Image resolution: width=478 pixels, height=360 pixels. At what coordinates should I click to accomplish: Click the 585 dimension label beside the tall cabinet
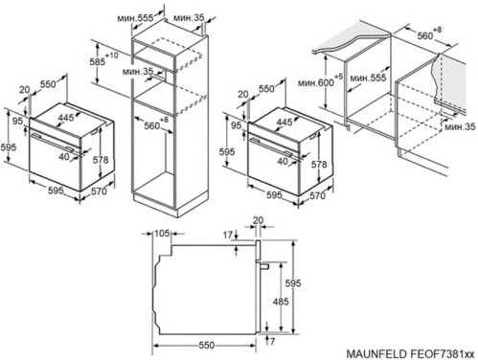98,61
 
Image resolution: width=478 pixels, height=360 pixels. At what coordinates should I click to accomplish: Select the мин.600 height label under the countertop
316,83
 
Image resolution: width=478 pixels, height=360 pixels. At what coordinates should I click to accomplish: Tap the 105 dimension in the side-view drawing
162,234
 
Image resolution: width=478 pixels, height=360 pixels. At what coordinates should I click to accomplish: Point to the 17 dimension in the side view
228,236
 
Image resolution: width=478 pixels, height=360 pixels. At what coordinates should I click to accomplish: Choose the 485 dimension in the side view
281,302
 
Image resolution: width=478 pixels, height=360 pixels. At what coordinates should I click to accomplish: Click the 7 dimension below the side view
272,342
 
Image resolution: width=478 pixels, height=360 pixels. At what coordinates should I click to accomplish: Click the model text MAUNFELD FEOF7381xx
410,354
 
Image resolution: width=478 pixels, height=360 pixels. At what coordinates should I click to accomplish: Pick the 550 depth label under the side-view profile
207,345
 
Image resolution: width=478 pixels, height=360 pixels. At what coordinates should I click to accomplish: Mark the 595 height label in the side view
293,282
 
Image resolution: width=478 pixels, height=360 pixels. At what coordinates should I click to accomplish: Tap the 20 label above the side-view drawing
258,220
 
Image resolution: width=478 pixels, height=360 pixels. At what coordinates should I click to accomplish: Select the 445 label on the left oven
66,118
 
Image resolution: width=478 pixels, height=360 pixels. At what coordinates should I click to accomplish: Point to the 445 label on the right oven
285,122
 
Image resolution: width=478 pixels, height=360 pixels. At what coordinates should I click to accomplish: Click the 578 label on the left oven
101,160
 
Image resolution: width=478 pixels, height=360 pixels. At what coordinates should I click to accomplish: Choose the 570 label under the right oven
317,195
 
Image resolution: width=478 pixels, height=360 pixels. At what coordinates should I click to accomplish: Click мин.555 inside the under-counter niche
368,78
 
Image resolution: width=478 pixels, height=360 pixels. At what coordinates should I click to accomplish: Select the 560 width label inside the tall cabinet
152,125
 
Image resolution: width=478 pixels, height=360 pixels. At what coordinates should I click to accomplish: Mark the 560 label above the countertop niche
425,35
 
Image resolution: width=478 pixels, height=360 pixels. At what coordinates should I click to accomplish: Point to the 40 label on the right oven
283,161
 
